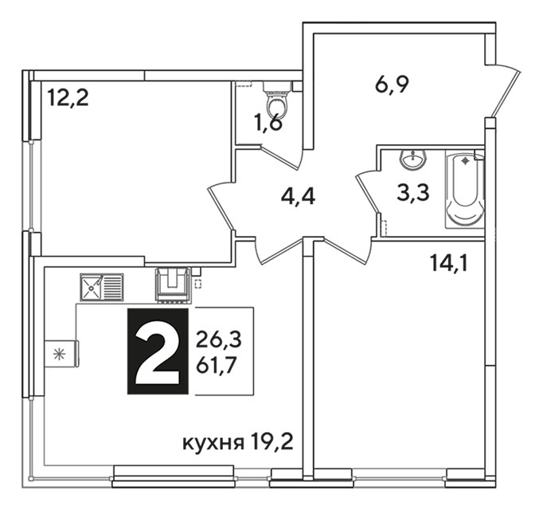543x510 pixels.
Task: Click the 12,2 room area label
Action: click(x=68, y=97)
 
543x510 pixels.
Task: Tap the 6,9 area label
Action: click(x=392, y=84)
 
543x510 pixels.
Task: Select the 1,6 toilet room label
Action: click(x=268, y=123)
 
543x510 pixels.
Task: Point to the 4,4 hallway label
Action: click(x=298, y=197)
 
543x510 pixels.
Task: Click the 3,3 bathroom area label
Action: click(x=413, y=193)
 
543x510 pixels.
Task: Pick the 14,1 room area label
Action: click(x=449, y=263)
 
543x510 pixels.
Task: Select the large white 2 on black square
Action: click(x=158, y=351)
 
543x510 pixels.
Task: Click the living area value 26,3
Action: click(x=219, y=339)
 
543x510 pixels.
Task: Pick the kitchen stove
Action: click(x=173, y=284)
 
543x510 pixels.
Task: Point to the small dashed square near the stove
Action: click(x=198, y=284)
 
